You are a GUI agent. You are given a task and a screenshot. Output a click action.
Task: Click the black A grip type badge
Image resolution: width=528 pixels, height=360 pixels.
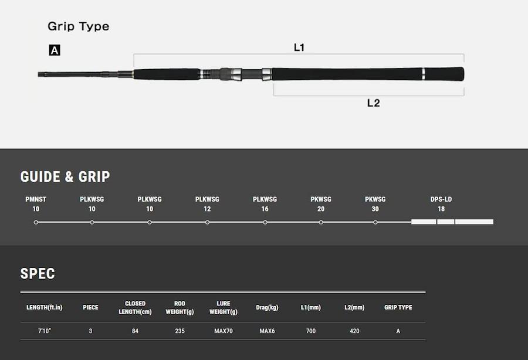click(55, 50)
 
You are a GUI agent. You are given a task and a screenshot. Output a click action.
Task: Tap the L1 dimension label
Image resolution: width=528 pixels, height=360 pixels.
click(299, 47)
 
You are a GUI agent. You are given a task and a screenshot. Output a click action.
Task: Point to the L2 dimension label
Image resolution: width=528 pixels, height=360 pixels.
click(374, 103)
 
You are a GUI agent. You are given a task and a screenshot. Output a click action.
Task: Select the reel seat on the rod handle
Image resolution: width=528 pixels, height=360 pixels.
click(231, 74)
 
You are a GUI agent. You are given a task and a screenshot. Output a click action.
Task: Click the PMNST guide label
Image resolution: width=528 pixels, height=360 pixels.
click(36, 199)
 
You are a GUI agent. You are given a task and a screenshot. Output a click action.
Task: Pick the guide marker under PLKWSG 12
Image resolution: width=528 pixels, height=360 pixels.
click(208, 222)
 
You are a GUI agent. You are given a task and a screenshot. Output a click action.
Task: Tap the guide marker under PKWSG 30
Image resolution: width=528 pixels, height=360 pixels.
click(375, 222)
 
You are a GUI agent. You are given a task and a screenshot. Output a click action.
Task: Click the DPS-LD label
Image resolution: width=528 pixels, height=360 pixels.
click(441, 199)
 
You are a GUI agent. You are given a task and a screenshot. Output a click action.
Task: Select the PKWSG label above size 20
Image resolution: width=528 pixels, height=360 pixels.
click(321, 199)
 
